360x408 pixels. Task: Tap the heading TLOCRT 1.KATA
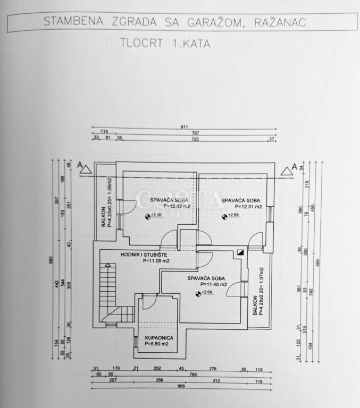165,45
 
